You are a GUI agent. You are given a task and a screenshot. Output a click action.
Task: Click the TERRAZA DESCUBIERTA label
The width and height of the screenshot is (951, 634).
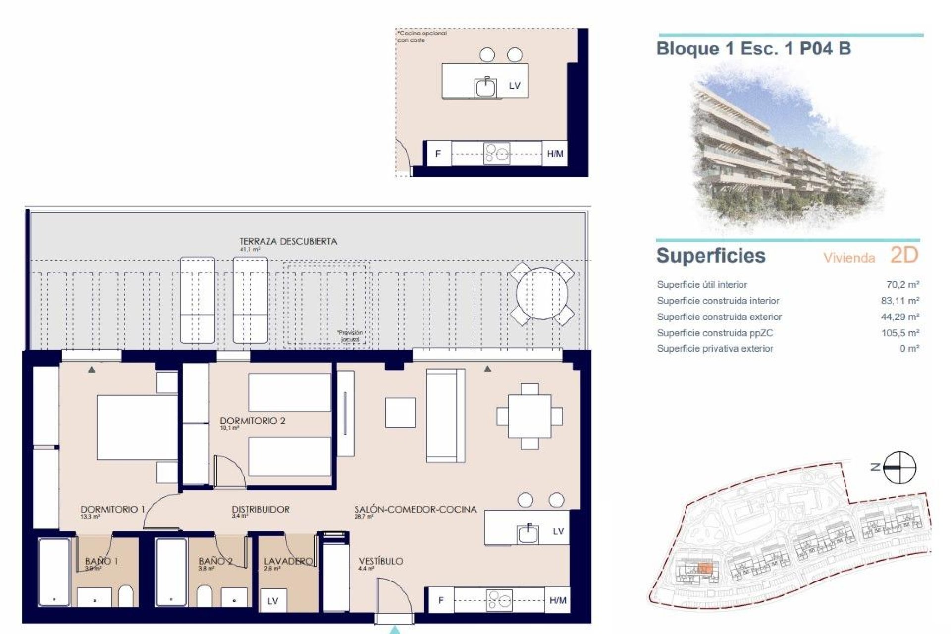pos(288,242)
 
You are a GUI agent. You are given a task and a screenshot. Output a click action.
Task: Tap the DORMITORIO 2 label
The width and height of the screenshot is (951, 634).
pos(253,421)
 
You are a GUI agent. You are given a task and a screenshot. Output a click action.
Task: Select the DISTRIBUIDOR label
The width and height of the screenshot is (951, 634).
pos(261,509)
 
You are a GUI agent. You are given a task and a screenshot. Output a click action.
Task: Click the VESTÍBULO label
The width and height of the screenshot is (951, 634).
pos(380,561)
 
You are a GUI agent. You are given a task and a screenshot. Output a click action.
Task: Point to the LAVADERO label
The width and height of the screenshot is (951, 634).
pos(288,561)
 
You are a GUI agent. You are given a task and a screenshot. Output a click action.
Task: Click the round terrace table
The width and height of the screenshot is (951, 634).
pos(542,294)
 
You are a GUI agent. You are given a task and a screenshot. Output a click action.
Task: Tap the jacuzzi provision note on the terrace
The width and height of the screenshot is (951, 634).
pos(350,336)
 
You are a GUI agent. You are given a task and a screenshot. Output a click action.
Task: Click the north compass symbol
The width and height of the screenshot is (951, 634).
pos(900,467)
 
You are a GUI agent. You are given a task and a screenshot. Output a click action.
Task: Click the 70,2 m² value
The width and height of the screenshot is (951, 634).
pos(902,285)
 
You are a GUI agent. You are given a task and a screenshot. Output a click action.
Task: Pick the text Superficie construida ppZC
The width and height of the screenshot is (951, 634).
pos(715,333)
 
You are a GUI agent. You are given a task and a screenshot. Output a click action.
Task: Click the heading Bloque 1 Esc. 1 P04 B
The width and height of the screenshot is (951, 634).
pos(753,49)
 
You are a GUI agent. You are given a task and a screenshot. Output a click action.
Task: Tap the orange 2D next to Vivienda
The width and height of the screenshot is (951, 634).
pos(904,256)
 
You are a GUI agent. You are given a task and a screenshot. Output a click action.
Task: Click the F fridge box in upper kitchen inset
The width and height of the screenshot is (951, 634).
pos(438,154)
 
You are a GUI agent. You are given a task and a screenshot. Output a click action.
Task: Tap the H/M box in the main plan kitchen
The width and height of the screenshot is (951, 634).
pos(557,601)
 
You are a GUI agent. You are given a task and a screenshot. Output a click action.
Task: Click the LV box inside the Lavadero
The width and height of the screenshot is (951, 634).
pos(272,601)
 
